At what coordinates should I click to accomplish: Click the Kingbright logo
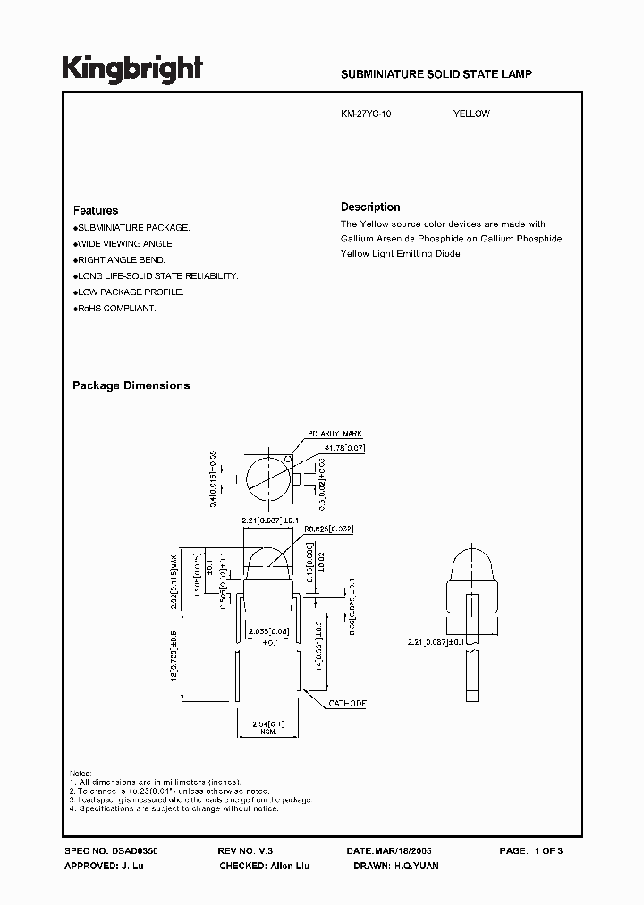coord(132,68)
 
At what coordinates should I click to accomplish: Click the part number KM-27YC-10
coord(366,114)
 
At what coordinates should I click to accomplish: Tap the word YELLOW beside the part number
coord(471,114)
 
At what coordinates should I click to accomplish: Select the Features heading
coord(96,210)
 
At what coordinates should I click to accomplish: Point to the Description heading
coord(370,207)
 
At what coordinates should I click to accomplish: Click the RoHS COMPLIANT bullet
coord(115,308)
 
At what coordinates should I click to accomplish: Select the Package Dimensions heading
coord(131,385)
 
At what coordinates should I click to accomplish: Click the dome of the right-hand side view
coord(468,563)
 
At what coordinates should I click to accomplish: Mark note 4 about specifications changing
coord(174,808)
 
